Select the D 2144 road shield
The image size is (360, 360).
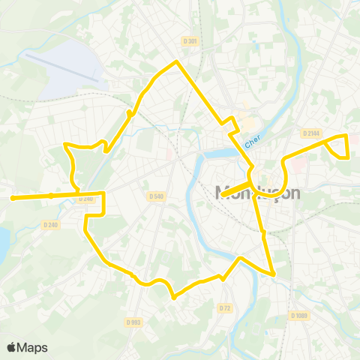(x=311, y=133)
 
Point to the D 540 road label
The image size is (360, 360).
(x=156, y=196)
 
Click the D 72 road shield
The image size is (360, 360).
(x=225, y=308)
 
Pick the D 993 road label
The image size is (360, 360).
(x=134, y=322)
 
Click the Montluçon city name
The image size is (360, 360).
(x=257, y=193)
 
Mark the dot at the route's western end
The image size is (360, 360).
(x=13, y=198)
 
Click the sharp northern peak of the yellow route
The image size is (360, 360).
(x=176, y=62)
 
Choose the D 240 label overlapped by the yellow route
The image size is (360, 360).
(x=87, y=198)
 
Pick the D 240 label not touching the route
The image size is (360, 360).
(x=50, y=224)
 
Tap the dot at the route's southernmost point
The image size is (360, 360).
(x=173, y=297)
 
